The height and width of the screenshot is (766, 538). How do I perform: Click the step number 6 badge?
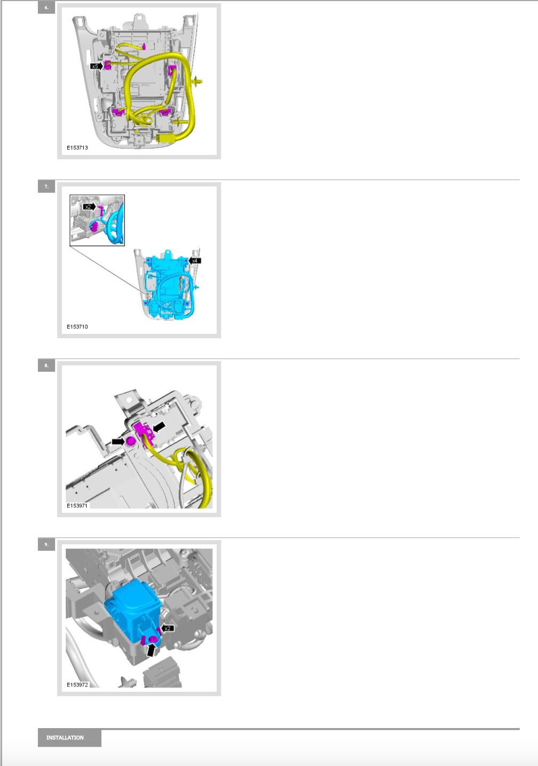pyautogui.click(x=46, y=7)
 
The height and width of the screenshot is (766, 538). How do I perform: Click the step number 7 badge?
pyautogui.click(x=46, y=187)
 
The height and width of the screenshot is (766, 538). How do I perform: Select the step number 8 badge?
pyautogui.click(x=46, y=365)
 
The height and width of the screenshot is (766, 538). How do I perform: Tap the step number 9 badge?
pyautogui.click(x=46, y=544)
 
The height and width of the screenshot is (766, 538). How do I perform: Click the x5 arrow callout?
pyautogui.click(x=97, y=66)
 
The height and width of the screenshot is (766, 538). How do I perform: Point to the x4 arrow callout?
pyautogui.click(x=195, y=261)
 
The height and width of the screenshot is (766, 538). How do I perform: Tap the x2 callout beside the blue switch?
pyautogui.click(x=167, y=628)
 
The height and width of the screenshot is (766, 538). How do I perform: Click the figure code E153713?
pyautogui.click(x=77, y=148)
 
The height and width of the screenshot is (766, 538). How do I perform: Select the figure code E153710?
pyautogui.click(x=77, y=326)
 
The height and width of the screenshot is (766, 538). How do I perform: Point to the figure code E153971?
pyautogui.click(x=77, y=505)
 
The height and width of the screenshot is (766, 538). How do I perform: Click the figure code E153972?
pyautogui.click(x=77, y=685)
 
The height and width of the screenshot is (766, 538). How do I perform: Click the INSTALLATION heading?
pyautogui.click(x=65, y=738)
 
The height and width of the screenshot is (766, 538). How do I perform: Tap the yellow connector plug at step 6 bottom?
pyautogui.click(x=166, y=138)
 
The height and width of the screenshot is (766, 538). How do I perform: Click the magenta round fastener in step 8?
pyautogui.click(x=130, y=441)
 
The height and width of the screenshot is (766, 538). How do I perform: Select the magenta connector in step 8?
pyautogui.click(x=144, y=432)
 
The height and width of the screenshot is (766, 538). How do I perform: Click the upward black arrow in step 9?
pyautogui.click(x=151, y=649)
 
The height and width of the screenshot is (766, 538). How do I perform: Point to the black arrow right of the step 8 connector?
pyautogui.click(x=159, y=426)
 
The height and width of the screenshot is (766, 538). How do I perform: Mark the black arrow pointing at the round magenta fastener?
pyautogui.click(x=118, y=441)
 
